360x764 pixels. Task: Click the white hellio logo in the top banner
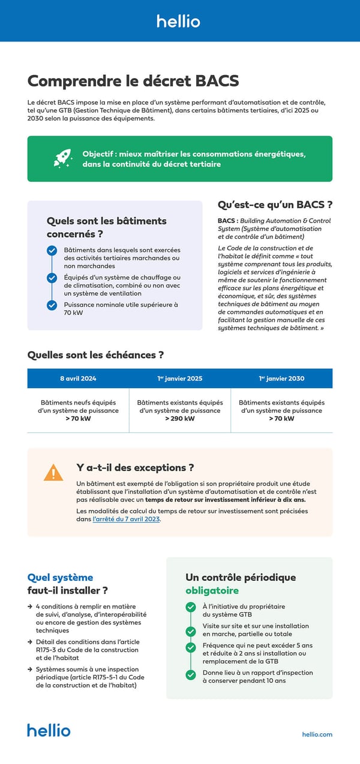[179, 21]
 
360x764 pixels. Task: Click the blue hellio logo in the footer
[49, 730]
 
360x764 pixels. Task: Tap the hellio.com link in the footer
[317, 734]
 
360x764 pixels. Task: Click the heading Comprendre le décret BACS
[133, 81]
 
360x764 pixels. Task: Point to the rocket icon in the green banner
[63, 158]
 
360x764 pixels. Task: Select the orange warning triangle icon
[53, 473]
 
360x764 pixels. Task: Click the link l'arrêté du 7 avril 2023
[127, 519]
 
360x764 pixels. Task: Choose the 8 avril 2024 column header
[78, 379]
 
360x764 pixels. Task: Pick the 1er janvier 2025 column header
[179, 379]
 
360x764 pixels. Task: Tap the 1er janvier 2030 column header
[281, 379]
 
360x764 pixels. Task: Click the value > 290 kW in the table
[180, 419]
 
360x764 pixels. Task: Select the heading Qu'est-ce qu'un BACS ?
[275, 205]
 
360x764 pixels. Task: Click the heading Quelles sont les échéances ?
[96, 355]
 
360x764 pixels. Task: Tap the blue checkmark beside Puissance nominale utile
[52, 305]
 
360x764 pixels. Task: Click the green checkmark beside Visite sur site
[191, 631]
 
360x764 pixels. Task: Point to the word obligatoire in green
[208, 591]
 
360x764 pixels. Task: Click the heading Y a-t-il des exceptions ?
[135, 468]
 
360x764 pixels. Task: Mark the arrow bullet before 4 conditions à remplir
[30, 607]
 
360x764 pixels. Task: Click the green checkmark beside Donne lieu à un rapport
[191, 675]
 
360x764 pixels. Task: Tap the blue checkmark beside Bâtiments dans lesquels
[52, 251]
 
